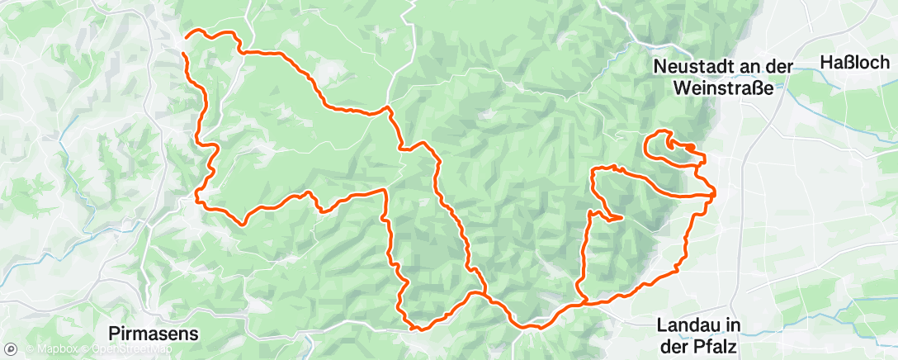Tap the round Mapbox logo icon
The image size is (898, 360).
pos(11,349)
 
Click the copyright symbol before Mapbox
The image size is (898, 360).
pos(29,349)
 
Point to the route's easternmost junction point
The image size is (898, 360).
pos(713,194)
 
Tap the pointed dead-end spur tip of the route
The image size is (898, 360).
pos(620,219)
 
